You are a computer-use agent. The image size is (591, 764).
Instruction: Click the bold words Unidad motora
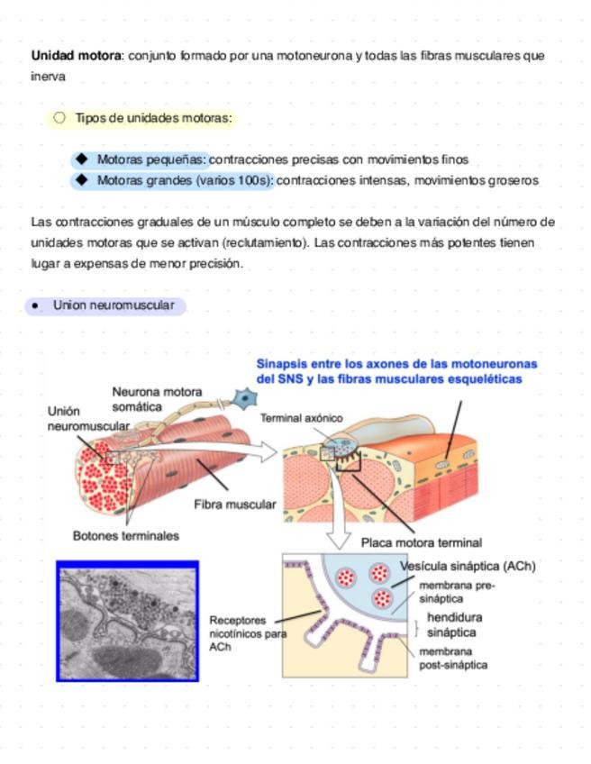tap(76, 56)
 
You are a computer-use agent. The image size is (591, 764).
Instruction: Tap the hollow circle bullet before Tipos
tap(59, 117)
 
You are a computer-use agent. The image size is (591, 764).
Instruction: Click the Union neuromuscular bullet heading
tap(113, 305)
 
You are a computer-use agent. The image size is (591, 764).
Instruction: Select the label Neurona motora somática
tap(156, 399)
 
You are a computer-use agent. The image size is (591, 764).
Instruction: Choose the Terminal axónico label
tap(301, 418)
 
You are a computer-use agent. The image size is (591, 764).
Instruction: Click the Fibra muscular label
tap(234, 505)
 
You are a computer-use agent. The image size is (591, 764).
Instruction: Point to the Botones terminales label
tap(125, 535)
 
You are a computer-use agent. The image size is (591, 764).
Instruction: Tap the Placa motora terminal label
tap(421, 542)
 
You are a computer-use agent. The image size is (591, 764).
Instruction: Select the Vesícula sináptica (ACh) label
tap(467, 567)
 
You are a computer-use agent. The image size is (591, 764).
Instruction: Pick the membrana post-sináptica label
tap(453, 658)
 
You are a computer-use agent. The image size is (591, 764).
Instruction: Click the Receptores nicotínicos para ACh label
tap(247, 633)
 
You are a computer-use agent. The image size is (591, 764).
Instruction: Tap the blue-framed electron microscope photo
tap(127, 621)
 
